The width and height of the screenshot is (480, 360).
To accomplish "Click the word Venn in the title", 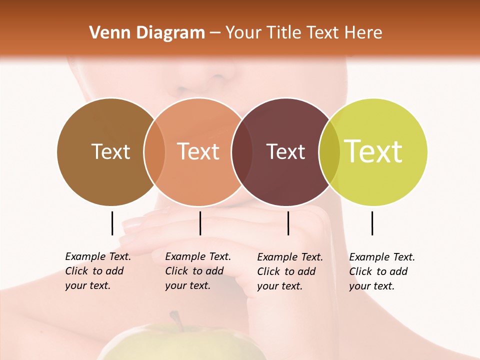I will tap(104, 33).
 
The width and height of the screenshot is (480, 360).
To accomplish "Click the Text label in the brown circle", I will tap(110, 151).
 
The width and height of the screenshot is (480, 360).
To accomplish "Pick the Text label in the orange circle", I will tap(198, 151).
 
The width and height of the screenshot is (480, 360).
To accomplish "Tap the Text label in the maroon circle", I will tap(285, 151).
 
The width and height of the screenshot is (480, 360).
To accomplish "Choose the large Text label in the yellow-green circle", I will tap(373, 151).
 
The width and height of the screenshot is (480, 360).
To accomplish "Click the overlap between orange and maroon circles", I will tap(242, 151).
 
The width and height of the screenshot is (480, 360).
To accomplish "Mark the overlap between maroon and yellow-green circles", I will tap(329, 151).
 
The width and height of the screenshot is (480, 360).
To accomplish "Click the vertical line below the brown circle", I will tap(112, 223).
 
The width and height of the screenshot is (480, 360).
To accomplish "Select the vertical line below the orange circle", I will tap(200, 223).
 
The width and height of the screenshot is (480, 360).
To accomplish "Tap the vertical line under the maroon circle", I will tap(288, 223).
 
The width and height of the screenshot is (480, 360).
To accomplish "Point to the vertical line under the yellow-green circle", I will tap(372, 223).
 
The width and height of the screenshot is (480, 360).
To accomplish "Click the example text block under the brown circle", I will tap(97, 271).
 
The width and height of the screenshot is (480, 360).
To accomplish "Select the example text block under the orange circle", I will tap(197, 271).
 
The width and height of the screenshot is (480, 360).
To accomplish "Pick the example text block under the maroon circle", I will tap(289, 271).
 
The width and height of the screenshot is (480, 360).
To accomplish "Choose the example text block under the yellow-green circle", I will tap(381, 271).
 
